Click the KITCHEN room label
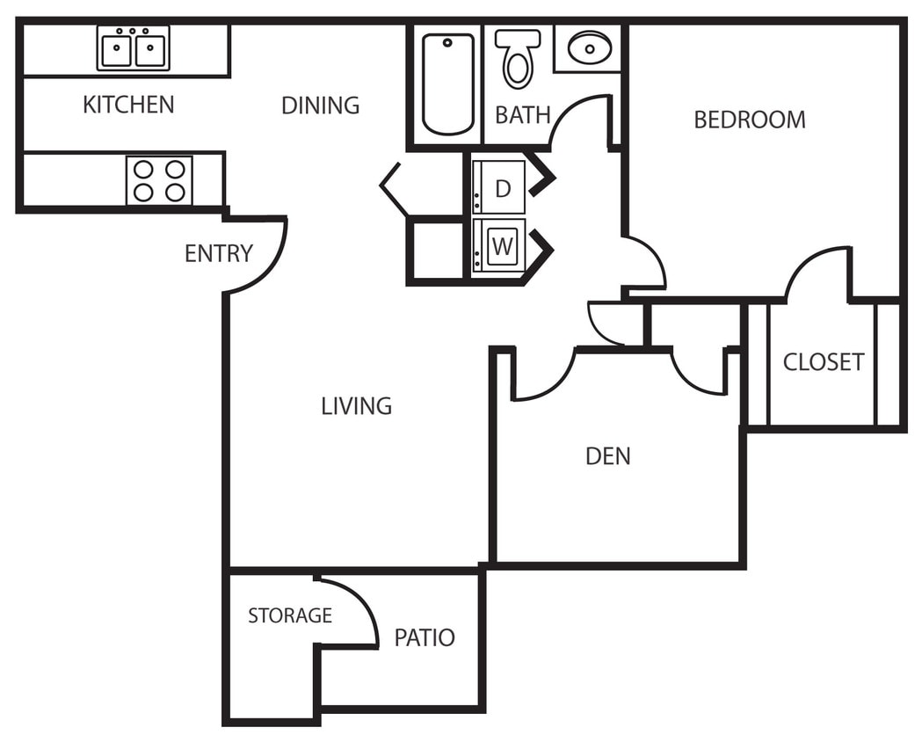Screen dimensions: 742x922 pos(128,105)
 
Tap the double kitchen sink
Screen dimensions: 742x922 pos(133,48)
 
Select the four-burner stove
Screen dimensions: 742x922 pos(159,180)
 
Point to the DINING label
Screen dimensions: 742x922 pos(320,105)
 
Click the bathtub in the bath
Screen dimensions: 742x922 pos(447,84)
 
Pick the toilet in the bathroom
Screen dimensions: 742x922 pos(518,58)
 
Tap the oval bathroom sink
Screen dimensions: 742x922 pos(589,47)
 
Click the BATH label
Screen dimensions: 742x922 pos(523,115)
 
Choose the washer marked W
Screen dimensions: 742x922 pos(500,246)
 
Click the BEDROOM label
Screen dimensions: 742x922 pos(750,120)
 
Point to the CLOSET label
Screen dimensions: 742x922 pos(824,362)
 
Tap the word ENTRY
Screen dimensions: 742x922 pos(218,254)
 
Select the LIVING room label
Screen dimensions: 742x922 pos(356,406)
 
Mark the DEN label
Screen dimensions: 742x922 pos(608,456)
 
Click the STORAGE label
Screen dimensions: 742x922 pos(290,615)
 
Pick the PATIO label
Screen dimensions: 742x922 pos(425,637)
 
